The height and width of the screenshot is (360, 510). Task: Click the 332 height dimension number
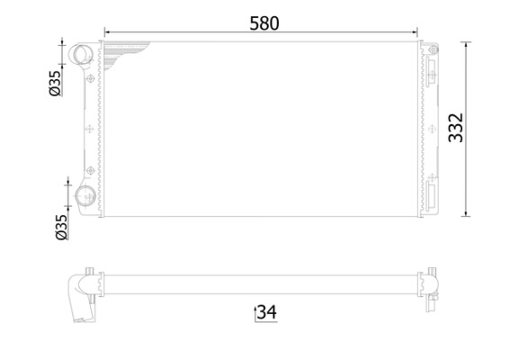pyautogui.click(x=482, y=128)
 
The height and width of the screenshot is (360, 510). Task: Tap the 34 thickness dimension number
pyautogui.click(x=265, y=312)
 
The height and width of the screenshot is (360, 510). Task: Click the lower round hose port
pyautogui.click(x=86, y=199)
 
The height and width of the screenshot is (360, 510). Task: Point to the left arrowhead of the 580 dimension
pyautogui.click(x=106, y=34)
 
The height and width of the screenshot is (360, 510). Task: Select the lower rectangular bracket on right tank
pyautogui.click(x=433, y=193)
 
